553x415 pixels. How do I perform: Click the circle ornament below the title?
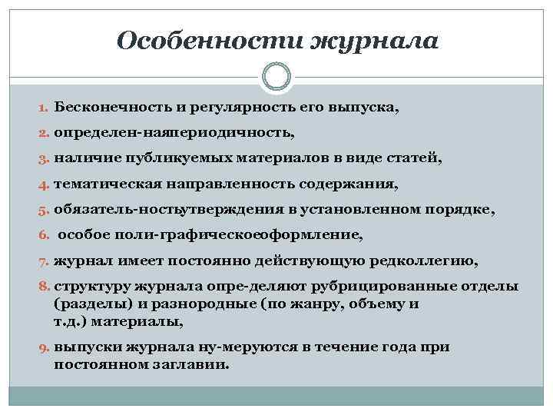(276, 77)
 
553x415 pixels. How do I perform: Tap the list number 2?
(45, 134)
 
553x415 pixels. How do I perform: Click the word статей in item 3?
(405, 159)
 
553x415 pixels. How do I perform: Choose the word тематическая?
(104, 185)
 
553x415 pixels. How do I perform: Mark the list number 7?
(45, 262)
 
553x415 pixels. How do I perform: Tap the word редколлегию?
(426, 262)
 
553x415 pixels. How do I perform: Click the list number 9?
(45, 347)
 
